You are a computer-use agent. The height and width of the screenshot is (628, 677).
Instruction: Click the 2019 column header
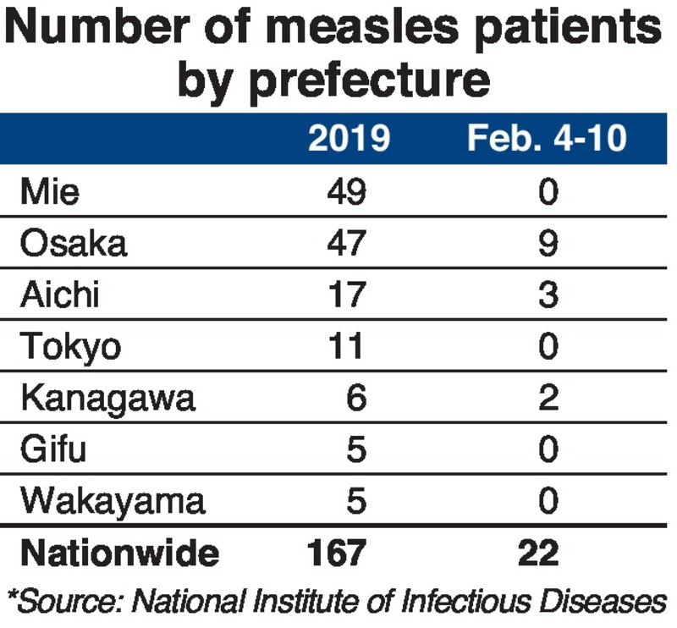coord(348,138)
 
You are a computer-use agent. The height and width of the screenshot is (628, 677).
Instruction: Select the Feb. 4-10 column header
coord(547,138)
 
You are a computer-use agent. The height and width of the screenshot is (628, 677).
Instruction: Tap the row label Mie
coord(50,192)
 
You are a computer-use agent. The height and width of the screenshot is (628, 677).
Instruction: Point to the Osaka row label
coord(74,244)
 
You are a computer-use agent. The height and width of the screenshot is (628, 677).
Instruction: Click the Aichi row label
coord(61,295)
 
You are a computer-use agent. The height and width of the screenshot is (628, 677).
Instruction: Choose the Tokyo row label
coord(71,347)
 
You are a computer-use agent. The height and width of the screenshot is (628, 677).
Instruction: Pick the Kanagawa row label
coord(107,399)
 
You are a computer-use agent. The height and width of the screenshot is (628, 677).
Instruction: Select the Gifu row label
coord(53,449)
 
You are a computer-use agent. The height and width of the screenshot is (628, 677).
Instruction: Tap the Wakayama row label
coord(113,501)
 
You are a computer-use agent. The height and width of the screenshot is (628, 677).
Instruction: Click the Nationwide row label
coord(119,554)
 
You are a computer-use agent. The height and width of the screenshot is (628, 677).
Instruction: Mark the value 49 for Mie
coord(346,192)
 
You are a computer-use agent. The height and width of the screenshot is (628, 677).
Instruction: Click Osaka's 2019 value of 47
coord(346,244)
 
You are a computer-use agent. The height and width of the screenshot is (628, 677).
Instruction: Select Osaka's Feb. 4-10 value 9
coord(548,244)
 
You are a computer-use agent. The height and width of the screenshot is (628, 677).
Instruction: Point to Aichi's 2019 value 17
coord(346,295)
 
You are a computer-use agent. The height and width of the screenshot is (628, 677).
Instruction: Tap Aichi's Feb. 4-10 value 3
coord(548,295)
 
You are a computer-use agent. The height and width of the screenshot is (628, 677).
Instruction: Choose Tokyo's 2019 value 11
coord(346,347)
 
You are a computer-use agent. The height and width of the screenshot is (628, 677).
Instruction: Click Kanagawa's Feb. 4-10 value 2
coord(548,399)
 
